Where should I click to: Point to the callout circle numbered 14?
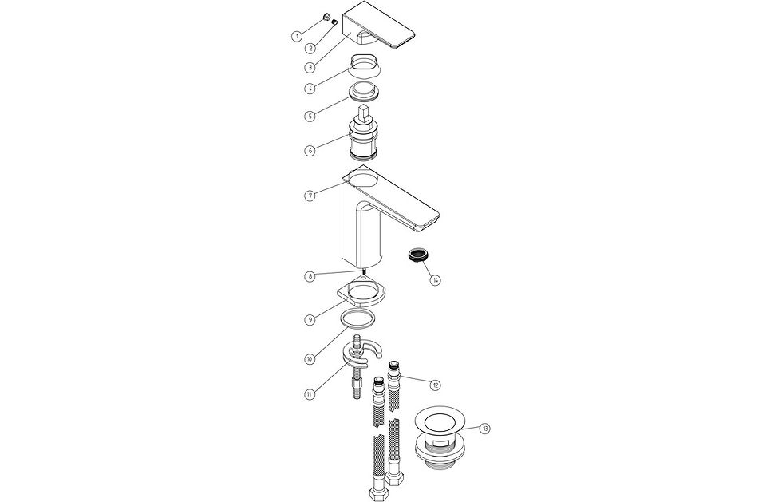(436, 280)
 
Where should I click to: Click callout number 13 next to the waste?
(486, 429)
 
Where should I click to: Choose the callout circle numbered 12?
(435, 385)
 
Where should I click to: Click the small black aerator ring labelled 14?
(415, 255)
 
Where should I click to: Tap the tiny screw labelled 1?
(326, 15)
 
